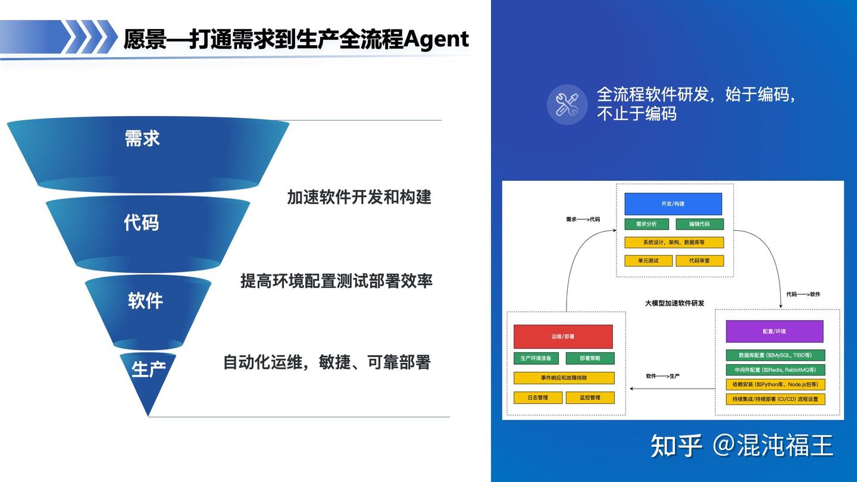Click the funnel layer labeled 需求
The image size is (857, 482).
[x=148, y=153]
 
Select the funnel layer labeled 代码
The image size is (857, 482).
[x=148, y=233]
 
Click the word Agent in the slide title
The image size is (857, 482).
[x=436, y=39]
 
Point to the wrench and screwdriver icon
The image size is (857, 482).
[x=567, y=105]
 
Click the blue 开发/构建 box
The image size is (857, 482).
[x=673, y=204]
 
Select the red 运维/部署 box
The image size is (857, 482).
[x=563, y=337]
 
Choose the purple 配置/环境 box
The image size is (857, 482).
[x=774, y=331]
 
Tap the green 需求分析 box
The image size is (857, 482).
[x=646, y=224]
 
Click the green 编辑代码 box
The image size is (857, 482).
[x=699, y=224]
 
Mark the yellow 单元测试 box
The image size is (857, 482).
[x=648, y=261]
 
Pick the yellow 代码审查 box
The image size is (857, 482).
[x=699, y=261]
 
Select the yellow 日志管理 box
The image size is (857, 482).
[x=537, y=398]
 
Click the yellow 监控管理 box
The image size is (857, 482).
[x=590, y=398]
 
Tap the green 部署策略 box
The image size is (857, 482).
[x=590, y=358]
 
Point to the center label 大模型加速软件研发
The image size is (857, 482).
[x=674, y=303]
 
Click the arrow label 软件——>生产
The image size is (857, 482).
[x=662, y=377]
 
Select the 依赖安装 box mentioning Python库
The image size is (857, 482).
[x=775, y=384]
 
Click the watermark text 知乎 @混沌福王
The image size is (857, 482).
[x=742, y=446]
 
